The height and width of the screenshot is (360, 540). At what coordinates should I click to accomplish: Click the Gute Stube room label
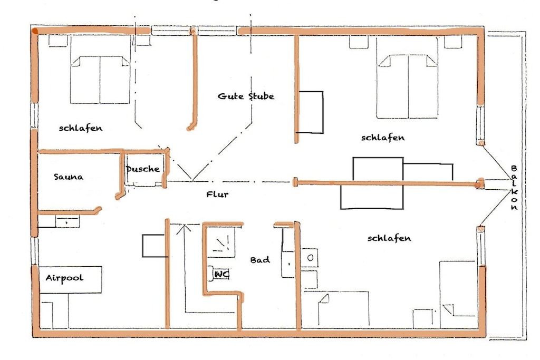246,96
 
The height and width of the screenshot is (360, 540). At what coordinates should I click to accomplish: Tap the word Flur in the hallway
217,194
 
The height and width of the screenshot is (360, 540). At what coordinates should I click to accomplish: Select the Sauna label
68,177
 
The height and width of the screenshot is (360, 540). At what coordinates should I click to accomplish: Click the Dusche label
142,169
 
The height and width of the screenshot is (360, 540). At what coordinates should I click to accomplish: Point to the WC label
221,274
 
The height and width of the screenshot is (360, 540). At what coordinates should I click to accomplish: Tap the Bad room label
260,260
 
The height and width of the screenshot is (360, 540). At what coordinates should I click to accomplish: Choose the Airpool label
64,278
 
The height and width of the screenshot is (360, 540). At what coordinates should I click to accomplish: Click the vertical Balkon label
514,188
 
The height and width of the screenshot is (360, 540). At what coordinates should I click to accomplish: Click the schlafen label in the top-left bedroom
81,128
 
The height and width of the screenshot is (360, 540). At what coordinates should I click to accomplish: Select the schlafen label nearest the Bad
389,238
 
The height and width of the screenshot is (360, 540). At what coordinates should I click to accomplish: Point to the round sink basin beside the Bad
310,257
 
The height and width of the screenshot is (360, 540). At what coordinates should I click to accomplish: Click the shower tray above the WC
221,242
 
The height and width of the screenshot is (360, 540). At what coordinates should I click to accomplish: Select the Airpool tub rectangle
70,279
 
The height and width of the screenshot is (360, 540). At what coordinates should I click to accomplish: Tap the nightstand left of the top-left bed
58,41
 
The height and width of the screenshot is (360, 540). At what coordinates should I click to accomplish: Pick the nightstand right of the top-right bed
453,42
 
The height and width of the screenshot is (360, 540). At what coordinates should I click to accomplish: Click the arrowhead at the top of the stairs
184,227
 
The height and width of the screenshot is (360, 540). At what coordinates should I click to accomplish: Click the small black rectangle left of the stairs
154,246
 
